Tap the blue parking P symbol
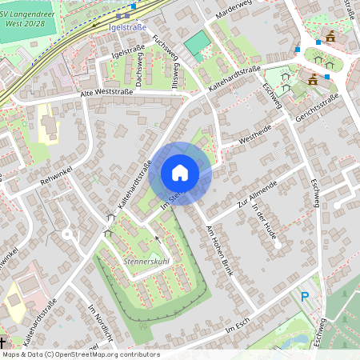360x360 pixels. click(x=305, y=297)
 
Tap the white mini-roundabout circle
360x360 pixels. click(x=66, y=234)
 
